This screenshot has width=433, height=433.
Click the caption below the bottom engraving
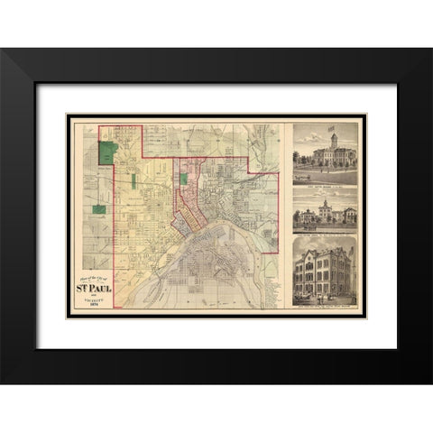[x=326, y=308]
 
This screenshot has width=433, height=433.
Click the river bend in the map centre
[x=216, y=236]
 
